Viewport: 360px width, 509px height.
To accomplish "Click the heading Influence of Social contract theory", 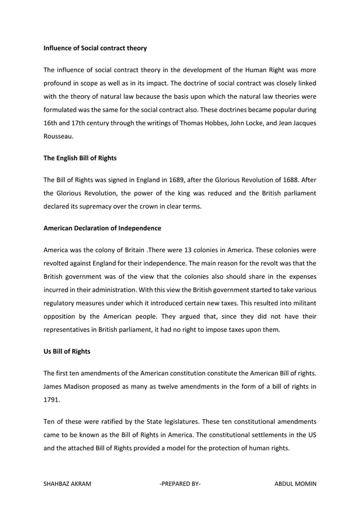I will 95,49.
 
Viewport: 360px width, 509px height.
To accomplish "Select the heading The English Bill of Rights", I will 80,158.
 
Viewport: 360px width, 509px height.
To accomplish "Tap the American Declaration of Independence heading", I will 102,229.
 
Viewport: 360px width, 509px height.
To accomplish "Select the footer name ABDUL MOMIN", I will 295,484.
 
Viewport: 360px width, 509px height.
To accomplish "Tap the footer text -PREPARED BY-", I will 180,484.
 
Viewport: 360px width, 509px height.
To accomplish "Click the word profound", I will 59,82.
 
